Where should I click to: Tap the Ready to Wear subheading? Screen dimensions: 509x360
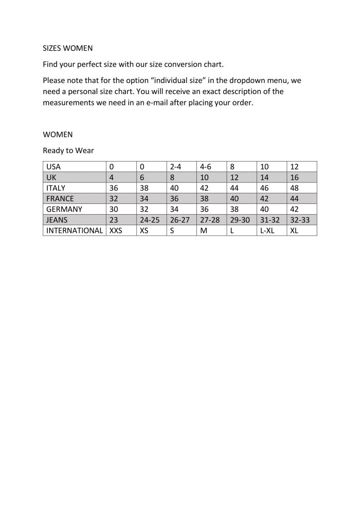(x=68, y=150)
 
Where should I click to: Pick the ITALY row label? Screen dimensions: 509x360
(x=56, y=188)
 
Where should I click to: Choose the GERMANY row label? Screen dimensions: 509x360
(x=64, y=209)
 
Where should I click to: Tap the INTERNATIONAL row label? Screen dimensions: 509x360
(x=74, y=231)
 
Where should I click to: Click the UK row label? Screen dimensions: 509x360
(x=51, y=177)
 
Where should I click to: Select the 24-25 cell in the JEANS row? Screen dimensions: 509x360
(x=150, y=220)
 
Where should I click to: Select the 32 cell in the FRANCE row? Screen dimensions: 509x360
(x=113, y=199)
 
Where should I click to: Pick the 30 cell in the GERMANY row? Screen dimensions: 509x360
(x=113, y=209)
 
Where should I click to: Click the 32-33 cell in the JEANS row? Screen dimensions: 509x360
(x=300, y=220)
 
